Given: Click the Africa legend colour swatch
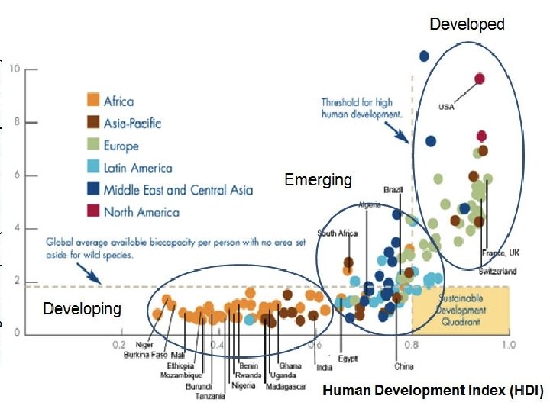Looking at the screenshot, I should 93,100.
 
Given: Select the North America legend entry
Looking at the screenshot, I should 141,211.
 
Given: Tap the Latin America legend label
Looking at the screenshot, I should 137,167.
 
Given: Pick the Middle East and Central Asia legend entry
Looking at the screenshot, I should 178,189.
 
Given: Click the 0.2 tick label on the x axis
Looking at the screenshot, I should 119,346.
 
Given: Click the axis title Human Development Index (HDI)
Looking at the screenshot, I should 432,391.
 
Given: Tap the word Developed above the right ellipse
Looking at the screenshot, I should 467,24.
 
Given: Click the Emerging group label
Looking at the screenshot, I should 318,180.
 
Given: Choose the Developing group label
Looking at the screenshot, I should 82,309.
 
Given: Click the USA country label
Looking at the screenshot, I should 446,107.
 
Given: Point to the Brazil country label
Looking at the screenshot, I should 393,189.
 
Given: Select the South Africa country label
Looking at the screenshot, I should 337,233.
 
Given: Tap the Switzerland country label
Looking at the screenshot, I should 498,272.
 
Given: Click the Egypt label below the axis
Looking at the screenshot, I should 349,359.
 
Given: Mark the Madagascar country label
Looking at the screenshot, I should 286,387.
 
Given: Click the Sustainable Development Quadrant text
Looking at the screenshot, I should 461,311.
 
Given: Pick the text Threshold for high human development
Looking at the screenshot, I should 361,108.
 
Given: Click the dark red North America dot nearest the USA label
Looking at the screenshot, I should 480,79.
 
